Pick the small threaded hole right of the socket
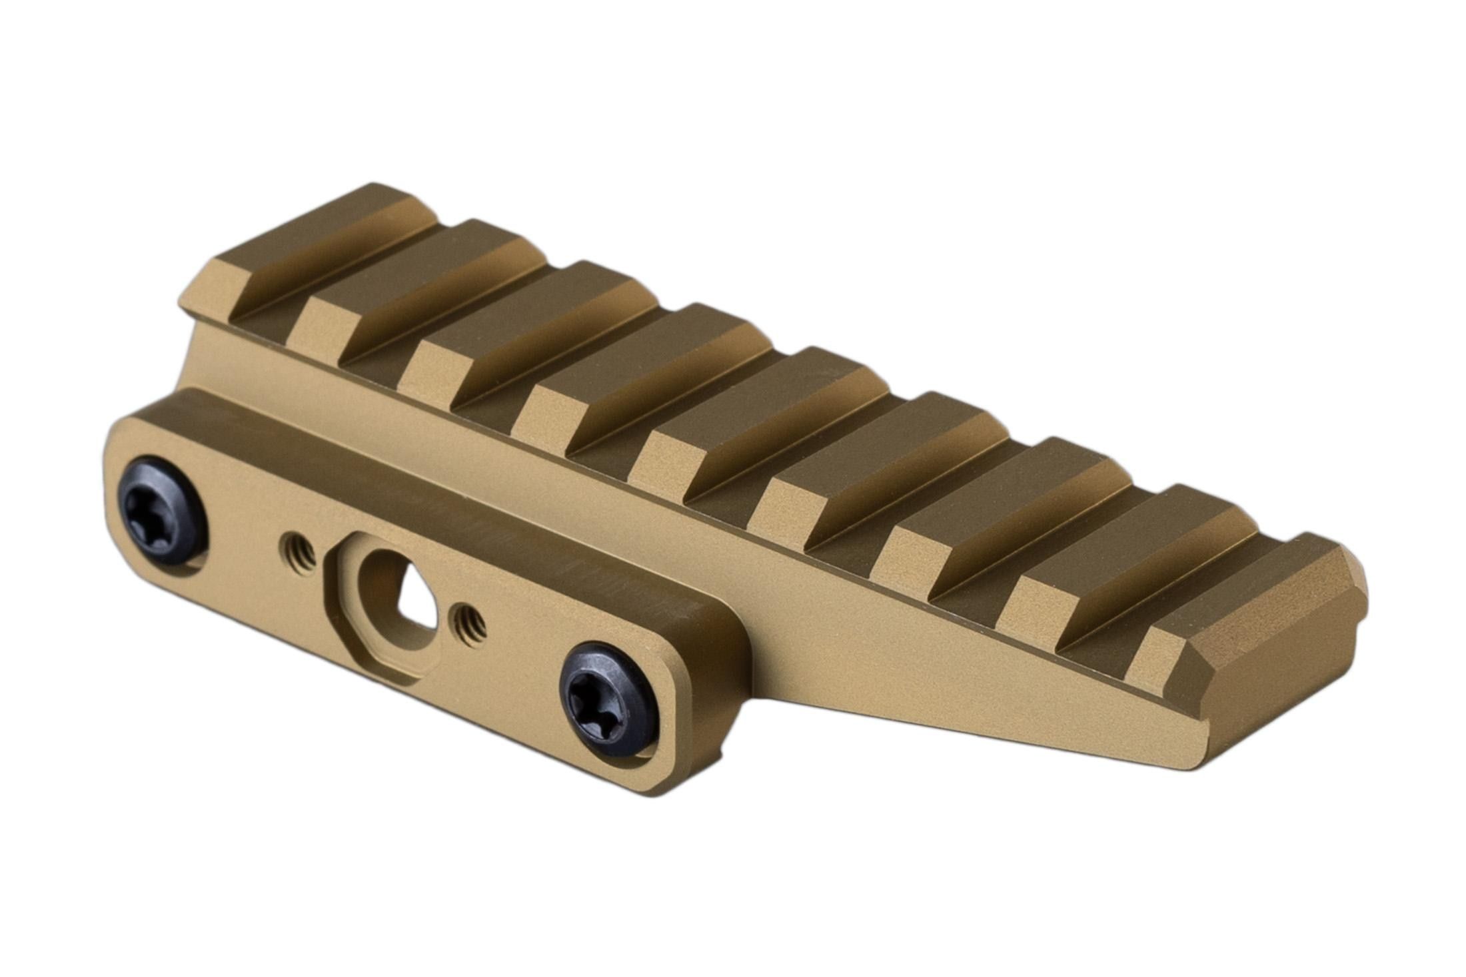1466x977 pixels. tap(470, 620)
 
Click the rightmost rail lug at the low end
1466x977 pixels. tap(1253, 603)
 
